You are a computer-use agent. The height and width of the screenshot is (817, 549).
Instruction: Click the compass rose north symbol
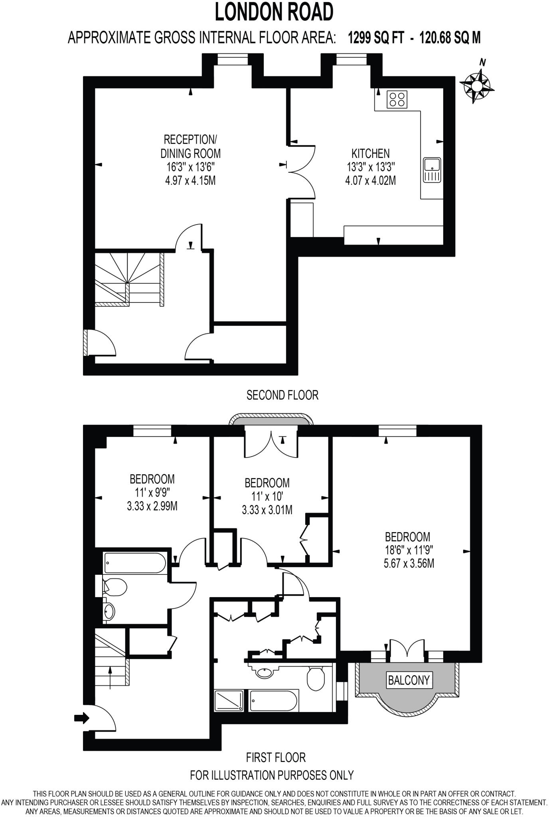click(x=476, y=85)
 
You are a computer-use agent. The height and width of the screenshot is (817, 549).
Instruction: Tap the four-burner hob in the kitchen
click(x=397, y=99)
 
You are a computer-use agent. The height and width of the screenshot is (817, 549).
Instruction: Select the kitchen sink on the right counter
click(x=432, y=170)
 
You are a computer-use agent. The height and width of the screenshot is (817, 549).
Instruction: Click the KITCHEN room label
click(x=370, y=153)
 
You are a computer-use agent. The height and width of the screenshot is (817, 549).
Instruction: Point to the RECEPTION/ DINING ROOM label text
click(x=190, y=146)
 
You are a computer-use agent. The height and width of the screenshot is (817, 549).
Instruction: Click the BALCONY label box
click(x=409, y=680)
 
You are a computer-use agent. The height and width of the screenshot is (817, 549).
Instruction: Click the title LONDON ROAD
click(x=274, y=12)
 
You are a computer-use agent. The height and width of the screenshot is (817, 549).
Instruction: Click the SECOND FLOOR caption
click(x=282, y=395)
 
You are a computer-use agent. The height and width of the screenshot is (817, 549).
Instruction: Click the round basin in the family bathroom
click(x=109, y=610)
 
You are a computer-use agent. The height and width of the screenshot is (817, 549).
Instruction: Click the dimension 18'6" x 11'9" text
click(x=409, y=550)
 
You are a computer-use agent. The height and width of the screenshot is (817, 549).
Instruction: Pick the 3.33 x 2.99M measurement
click(x=152, y=506)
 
